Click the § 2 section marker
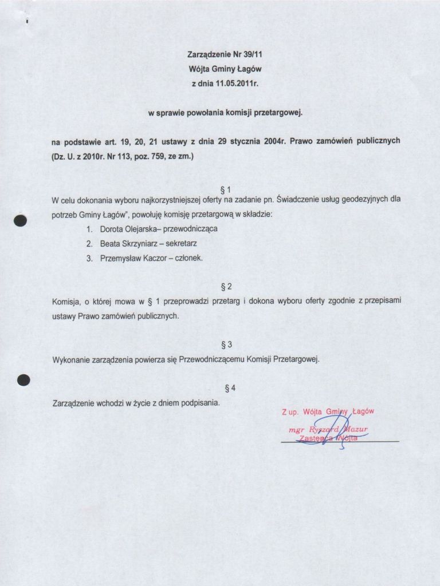225,286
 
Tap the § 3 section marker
225,345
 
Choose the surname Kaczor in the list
152,258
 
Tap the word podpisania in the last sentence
201,403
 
